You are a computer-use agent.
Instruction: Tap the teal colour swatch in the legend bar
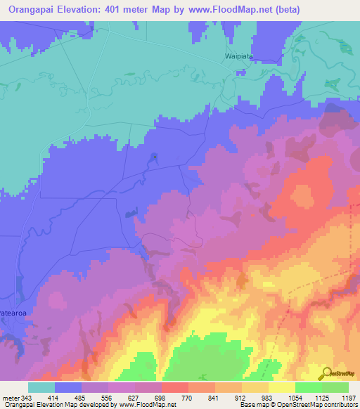[41, 387]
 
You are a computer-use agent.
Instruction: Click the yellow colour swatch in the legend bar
[281, 387]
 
